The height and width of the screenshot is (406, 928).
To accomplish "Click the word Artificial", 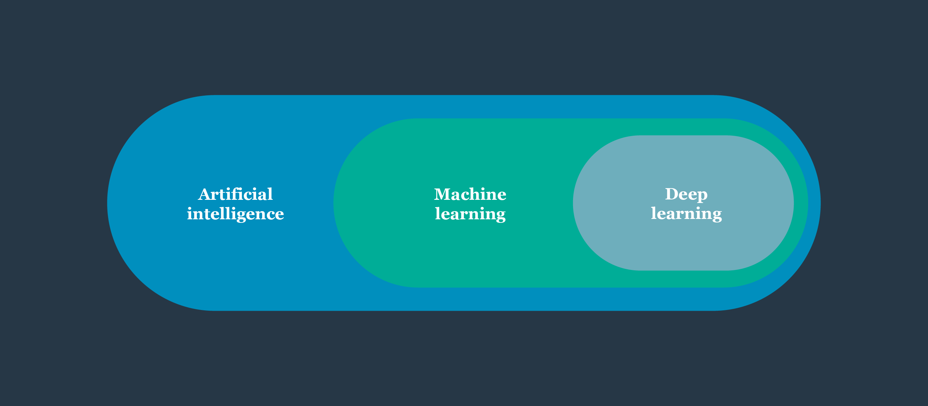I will [235, 194].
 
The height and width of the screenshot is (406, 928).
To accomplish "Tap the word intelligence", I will [235, 214].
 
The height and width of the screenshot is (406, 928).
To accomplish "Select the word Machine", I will [470, 194].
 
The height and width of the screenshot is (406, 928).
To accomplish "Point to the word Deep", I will [686, 194].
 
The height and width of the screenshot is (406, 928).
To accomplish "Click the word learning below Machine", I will [470, 214].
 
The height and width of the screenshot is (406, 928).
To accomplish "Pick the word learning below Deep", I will [686, 214].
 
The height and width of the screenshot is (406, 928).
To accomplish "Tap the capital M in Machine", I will [443, 194].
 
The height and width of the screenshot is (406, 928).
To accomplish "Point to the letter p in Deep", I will [702, 196].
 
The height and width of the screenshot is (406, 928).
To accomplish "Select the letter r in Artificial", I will [215, 196].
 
